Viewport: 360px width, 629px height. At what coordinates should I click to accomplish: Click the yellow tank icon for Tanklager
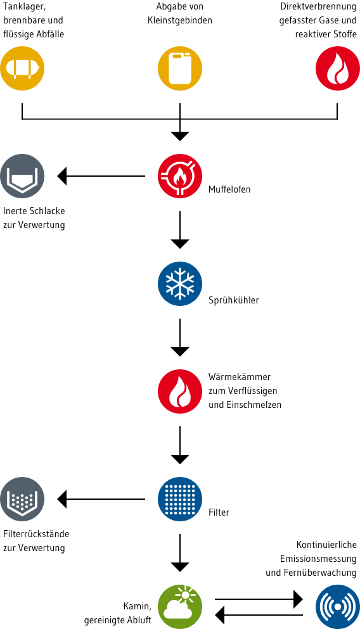(x=22, y=67)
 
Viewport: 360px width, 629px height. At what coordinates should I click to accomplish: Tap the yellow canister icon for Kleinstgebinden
(x=180, y=67)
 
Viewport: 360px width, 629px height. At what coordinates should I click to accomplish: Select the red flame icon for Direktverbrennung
(x=337, y=67)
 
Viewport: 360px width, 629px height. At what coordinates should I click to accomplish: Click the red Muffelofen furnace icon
(x=180, y=175)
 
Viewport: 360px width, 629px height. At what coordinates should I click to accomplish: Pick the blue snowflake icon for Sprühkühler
(x=180, y=284)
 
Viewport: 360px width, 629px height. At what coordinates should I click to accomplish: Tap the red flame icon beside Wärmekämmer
(x=180, y=391)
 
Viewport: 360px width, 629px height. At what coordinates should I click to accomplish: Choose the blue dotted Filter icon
(x=180, y=499)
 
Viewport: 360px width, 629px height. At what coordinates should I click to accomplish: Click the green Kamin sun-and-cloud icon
(x=180, y=606)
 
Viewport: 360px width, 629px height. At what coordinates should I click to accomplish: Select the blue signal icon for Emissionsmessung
(x=337, y=606)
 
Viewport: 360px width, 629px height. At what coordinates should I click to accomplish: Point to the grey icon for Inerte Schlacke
(x=22, y=175)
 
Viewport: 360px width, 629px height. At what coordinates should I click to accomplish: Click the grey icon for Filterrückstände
(x=22, y=499)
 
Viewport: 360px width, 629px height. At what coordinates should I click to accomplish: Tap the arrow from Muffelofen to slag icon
(x=101, y=175)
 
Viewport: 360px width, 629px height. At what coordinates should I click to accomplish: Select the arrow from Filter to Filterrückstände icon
(x=101, y=499)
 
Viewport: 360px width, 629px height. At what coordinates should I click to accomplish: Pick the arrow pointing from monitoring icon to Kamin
(x=259, y=614)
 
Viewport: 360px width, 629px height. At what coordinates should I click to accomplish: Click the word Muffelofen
(x=229, y=189)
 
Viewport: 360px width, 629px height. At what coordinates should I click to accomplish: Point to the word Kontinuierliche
(x=326, y=545)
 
